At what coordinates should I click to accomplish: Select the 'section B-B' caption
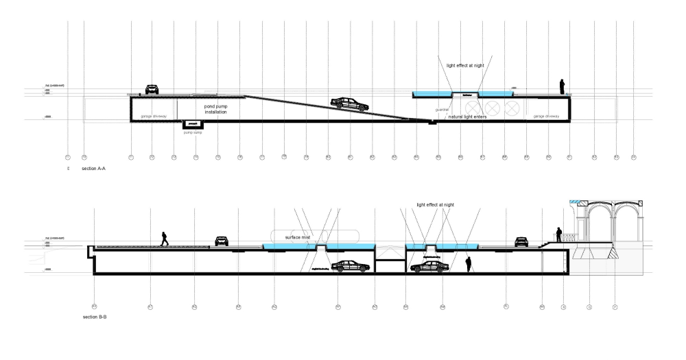(95, 319)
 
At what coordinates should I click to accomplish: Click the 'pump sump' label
(193, 132)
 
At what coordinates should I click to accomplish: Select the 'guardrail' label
(441, 109)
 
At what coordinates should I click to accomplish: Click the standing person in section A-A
(562, 86)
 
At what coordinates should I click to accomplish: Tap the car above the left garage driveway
(152, 89)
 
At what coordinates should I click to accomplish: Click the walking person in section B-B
(164, 238)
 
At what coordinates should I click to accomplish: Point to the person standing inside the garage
(469, 264)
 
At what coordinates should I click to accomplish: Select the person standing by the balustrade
(559, 234)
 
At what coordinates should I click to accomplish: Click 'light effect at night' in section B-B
(435, 204)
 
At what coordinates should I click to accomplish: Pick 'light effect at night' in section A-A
(465, 66)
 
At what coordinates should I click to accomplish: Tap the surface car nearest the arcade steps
(521, 241)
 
